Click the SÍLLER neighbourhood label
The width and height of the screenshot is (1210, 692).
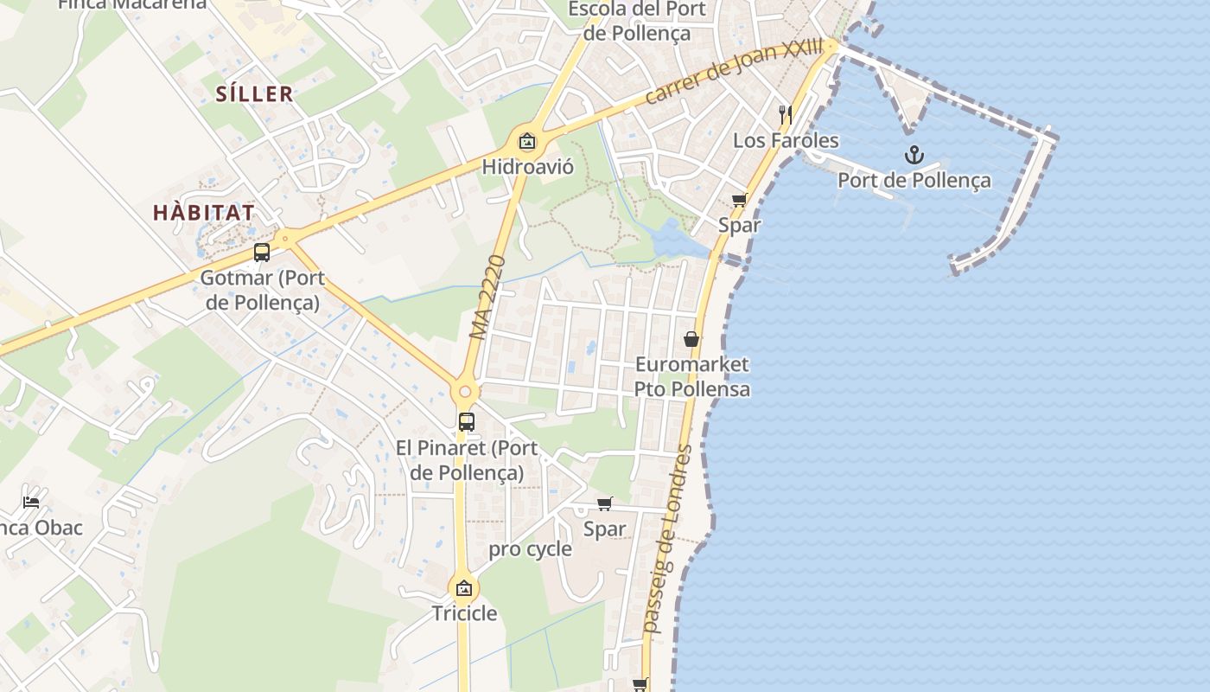coord(255,94)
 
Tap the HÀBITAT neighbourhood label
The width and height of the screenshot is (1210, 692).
coord(204,213)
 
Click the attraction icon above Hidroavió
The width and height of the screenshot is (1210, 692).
coord(527,141)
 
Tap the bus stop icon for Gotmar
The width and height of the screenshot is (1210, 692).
coord(261,253)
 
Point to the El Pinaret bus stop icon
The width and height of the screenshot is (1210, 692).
coord(466,422)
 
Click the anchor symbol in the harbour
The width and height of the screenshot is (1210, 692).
coord(914,156)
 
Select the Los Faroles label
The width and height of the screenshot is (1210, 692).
coord(786,140)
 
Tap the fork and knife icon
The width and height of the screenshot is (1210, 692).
coord(785,114)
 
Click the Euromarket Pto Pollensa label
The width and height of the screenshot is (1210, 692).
coord(691,376)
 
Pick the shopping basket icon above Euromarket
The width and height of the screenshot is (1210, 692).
coord(691,339)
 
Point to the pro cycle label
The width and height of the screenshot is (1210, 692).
coord(530,549)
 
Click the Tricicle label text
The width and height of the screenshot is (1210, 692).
coord(464,613)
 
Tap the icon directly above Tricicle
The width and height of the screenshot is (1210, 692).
coord(464,588)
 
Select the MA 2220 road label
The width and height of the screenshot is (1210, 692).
coord(487,297)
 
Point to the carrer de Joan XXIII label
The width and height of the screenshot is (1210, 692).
coord(734,72)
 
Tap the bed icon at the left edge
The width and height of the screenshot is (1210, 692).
coord(31,502)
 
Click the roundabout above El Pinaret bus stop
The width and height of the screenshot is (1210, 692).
coord(465,392)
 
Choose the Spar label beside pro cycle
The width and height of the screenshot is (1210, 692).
coord(604,529)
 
